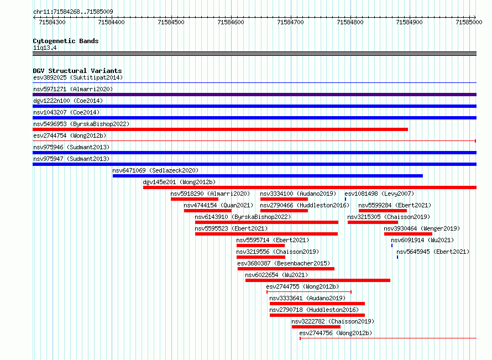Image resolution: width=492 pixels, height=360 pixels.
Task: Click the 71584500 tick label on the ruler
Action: (x=171, y=22)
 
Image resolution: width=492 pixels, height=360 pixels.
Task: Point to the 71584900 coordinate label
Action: (x=409, y=22)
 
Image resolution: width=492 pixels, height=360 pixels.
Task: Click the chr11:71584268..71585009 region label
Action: (x=73, y=12)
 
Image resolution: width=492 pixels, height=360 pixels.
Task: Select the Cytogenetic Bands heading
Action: (x=66, y=41)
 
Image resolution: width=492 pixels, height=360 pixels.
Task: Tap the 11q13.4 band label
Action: (x=45, y=48)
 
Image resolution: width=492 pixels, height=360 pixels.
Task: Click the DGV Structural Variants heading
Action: (x=77, y=71)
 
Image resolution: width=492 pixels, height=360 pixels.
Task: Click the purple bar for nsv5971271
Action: (x=254, y=95)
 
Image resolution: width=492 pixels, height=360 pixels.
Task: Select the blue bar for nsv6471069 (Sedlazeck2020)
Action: (x=268, y=176)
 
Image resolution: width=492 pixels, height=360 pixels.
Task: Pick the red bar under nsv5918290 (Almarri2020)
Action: (x=195, y=199)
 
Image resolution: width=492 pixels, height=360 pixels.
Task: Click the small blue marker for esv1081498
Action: (x=346, y=199)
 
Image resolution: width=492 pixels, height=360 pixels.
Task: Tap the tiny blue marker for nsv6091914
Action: (x=392, y=246)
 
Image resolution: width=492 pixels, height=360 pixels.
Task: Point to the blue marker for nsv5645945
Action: (x=397, y=257)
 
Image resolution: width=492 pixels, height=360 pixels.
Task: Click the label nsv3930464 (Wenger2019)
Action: (x=422, y=228)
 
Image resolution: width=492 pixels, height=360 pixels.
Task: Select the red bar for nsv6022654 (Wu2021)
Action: (x=318, y=280)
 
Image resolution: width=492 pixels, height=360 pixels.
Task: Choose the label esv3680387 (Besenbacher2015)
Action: (x=284, y=263)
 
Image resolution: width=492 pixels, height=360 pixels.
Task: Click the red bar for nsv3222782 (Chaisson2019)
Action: (x=316, y=327)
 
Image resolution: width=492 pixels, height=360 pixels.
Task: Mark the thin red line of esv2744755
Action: (x=309, y=292)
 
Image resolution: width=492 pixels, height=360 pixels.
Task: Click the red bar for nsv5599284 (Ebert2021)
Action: (x=383, y=211)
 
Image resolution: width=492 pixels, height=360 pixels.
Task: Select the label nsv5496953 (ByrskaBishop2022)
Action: (x=81, y=124)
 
